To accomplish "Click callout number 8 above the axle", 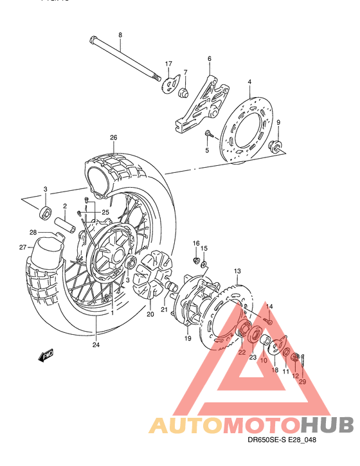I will (120, 34).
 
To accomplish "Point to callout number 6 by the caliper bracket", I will (209, 59).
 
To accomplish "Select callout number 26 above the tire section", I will (113, 137).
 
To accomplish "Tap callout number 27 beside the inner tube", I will (22, 247).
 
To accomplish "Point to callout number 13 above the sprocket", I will (237, 271).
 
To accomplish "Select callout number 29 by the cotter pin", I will (302, 382).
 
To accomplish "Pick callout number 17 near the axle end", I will (168, 64).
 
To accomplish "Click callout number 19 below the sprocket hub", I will (188, 337).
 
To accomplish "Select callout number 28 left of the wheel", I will (32, 232).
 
